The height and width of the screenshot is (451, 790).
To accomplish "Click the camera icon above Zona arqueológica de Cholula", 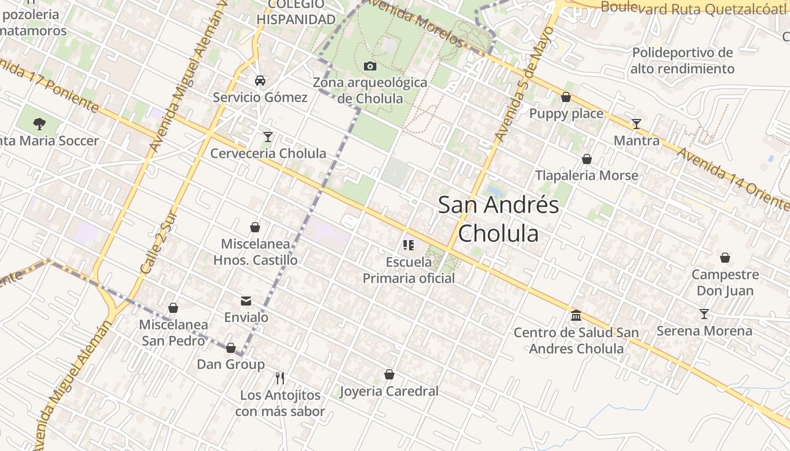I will (370, 67).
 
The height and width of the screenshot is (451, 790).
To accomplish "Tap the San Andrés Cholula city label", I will (498, 219).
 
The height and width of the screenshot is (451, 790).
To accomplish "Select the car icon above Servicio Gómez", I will (260, 81).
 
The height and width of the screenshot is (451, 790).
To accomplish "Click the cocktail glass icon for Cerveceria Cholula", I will (268, 137).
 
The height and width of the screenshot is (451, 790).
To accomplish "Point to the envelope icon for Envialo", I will (246, 301).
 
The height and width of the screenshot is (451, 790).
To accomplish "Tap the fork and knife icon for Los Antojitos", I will (280, 378).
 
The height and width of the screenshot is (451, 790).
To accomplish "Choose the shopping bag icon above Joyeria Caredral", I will (389, 374).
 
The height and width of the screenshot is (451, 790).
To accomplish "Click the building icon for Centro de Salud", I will (576, 316).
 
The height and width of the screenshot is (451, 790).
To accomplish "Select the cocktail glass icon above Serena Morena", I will (704, 314).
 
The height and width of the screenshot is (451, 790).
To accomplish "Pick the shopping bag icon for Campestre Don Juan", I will (725, 258).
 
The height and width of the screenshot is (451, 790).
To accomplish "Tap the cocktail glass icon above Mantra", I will (637, 124).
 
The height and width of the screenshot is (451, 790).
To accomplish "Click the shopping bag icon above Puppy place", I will (566, 98).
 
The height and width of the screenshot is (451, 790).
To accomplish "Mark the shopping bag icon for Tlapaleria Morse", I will (587, 160).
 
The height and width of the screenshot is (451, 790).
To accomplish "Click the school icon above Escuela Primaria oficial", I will (409, 245).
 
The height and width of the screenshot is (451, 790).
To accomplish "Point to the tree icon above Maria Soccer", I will (39, 123).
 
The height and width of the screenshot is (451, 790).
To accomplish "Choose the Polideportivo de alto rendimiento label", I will (682, 61).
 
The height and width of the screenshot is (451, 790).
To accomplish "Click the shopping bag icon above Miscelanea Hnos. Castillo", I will (255, 228).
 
